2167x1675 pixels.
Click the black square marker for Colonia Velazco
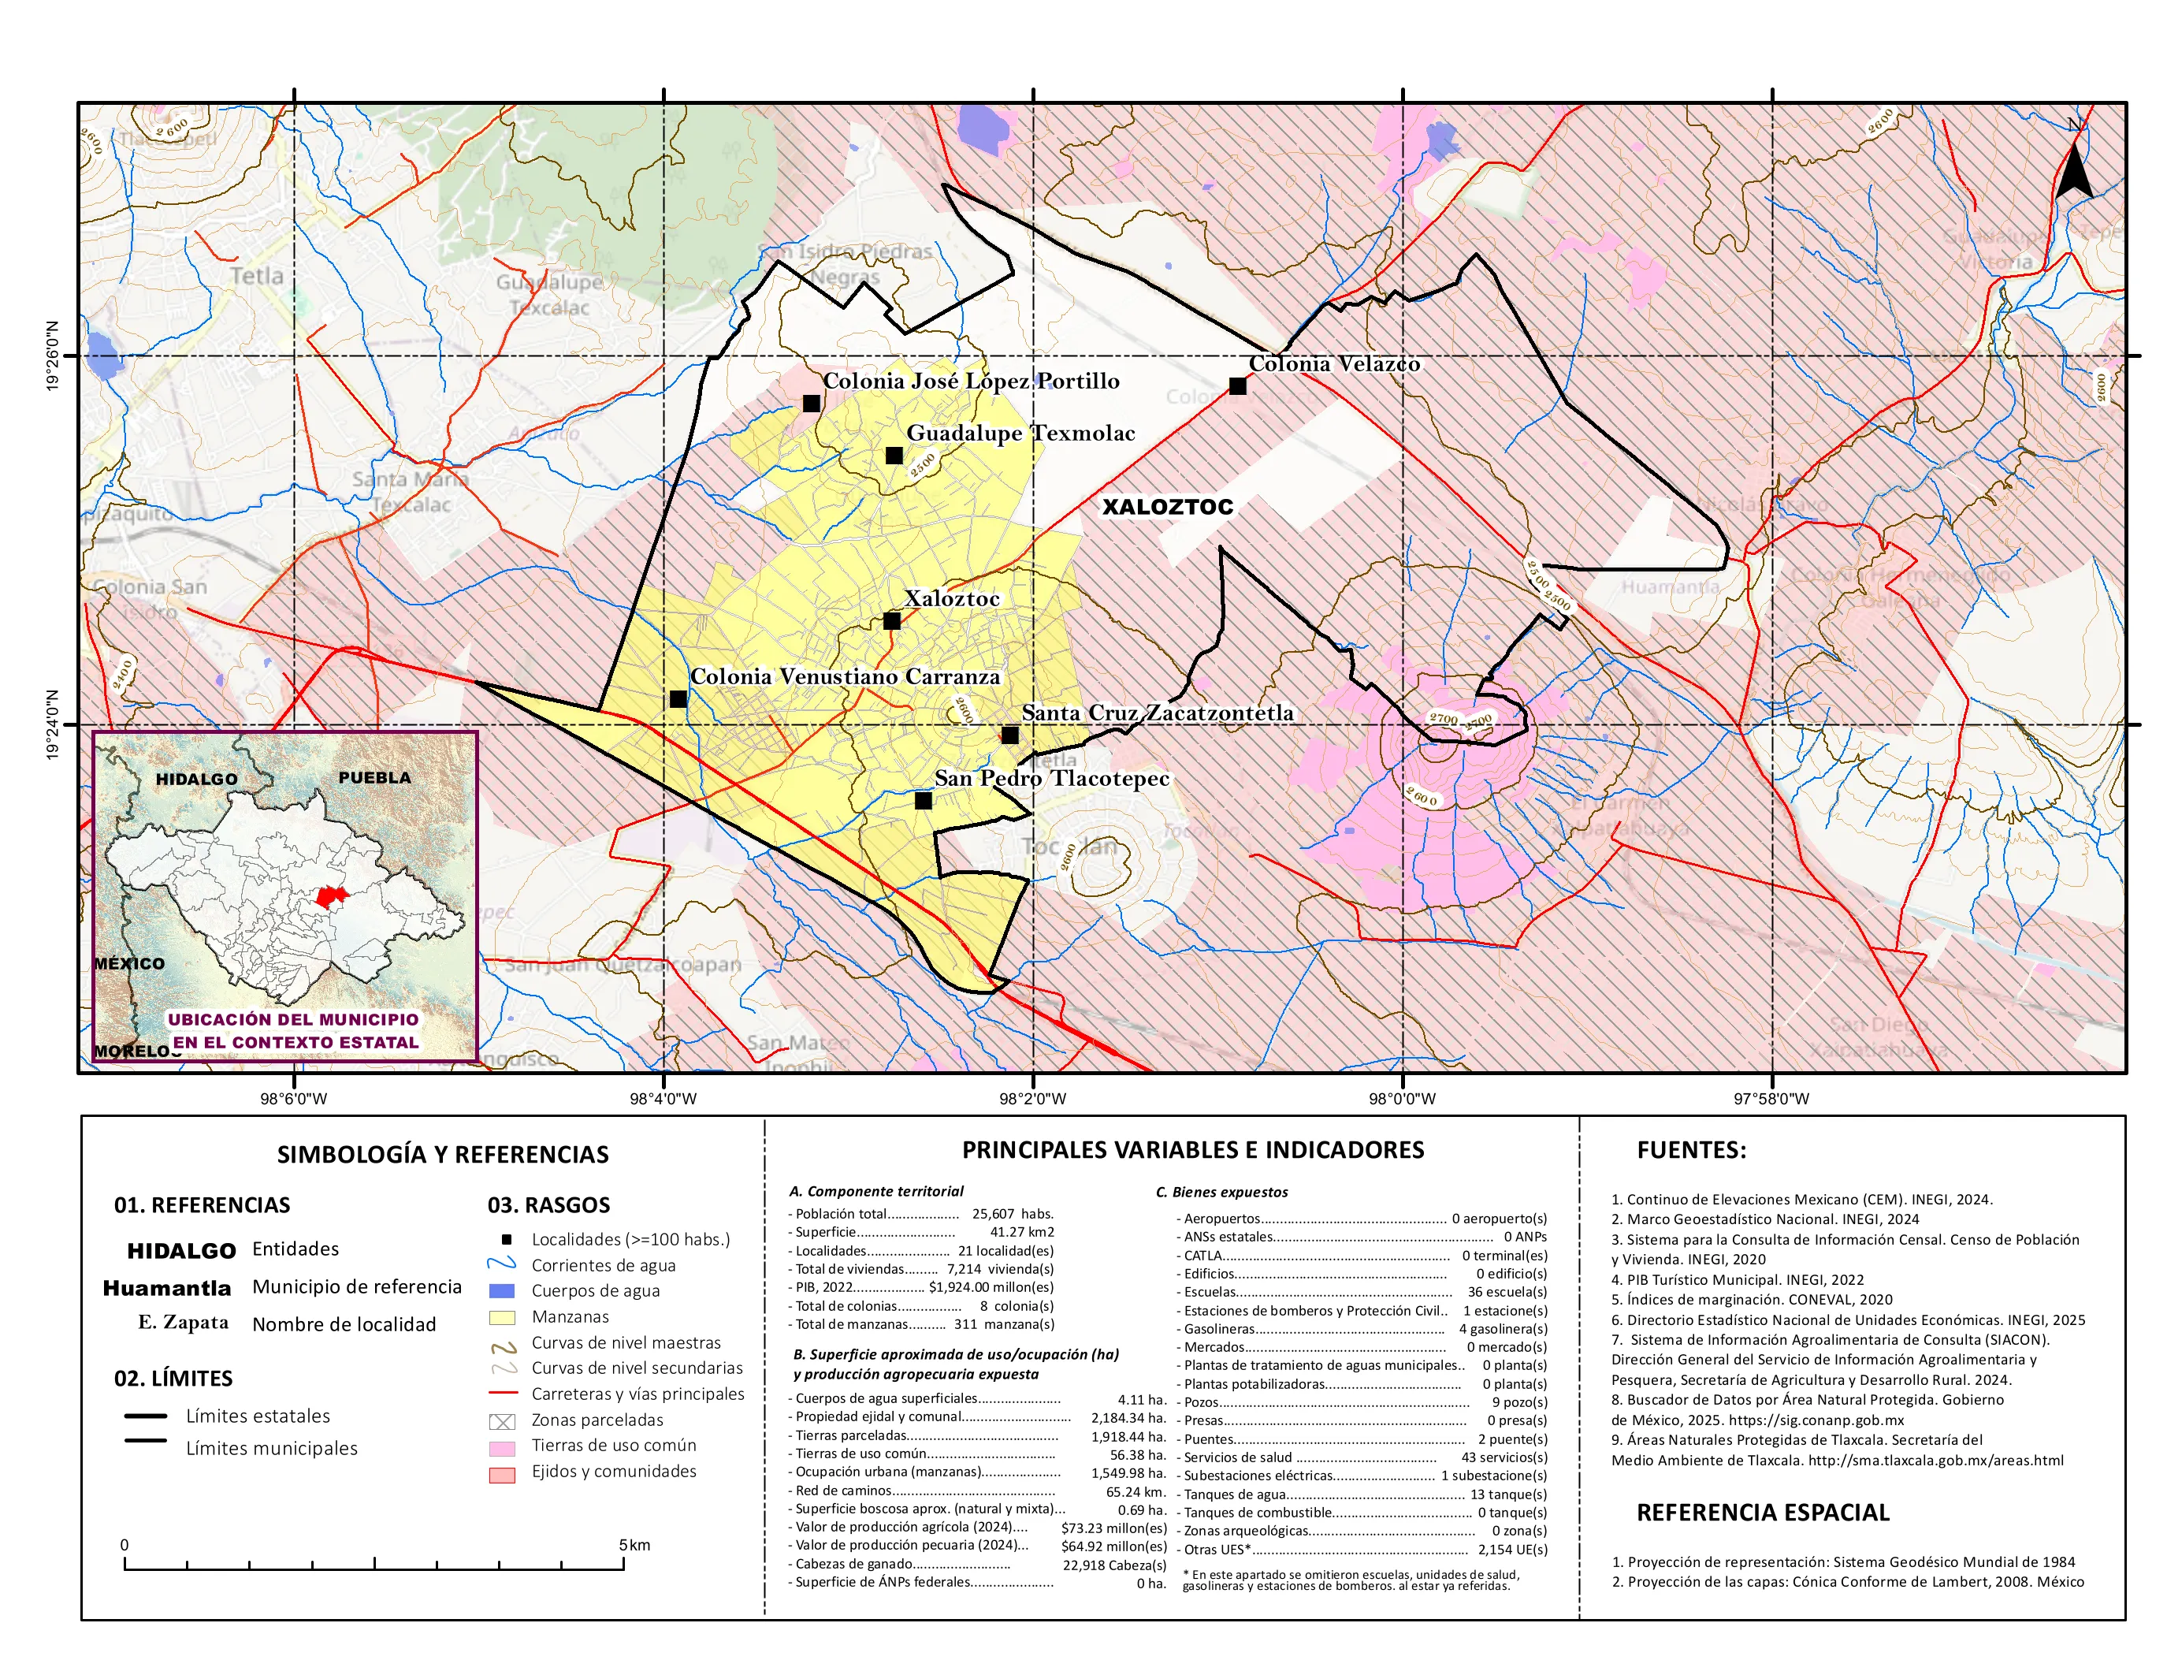click(1237, 386)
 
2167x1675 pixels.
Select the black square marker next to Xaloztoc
click(891, 621)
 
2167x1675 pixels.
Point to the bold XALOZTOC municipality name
click(1168, 507)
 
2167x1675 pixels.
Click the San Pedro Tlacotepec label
click(1052, 778)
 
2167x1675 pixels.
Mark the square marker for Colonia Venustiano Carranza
click(678, 700)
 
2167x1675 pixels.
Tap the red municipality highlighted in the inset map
click(332, 895)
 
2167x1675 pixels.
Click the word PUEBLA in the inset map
click(374, 777)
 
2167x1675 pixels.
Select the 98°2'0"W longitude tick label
click(1033, 1099)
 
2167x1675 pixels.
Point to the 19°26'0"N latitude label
click(53, 355)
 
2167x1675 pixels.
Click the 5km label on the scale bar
click(634, 1545)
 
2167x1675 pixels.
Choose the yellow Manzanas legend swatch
click(502, 1318)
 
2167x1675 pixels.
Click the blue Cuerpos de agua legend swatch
click(502, 1291)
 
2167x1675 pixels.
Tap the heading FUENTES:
click(1691, 1150)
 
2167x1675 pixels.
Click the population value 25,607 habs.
click(1012, 1214)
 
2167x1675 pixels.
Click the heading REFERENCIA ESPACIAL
click(1762, 1513)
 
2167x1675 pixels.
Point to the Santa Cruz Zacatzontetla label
click(1157, 713)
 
